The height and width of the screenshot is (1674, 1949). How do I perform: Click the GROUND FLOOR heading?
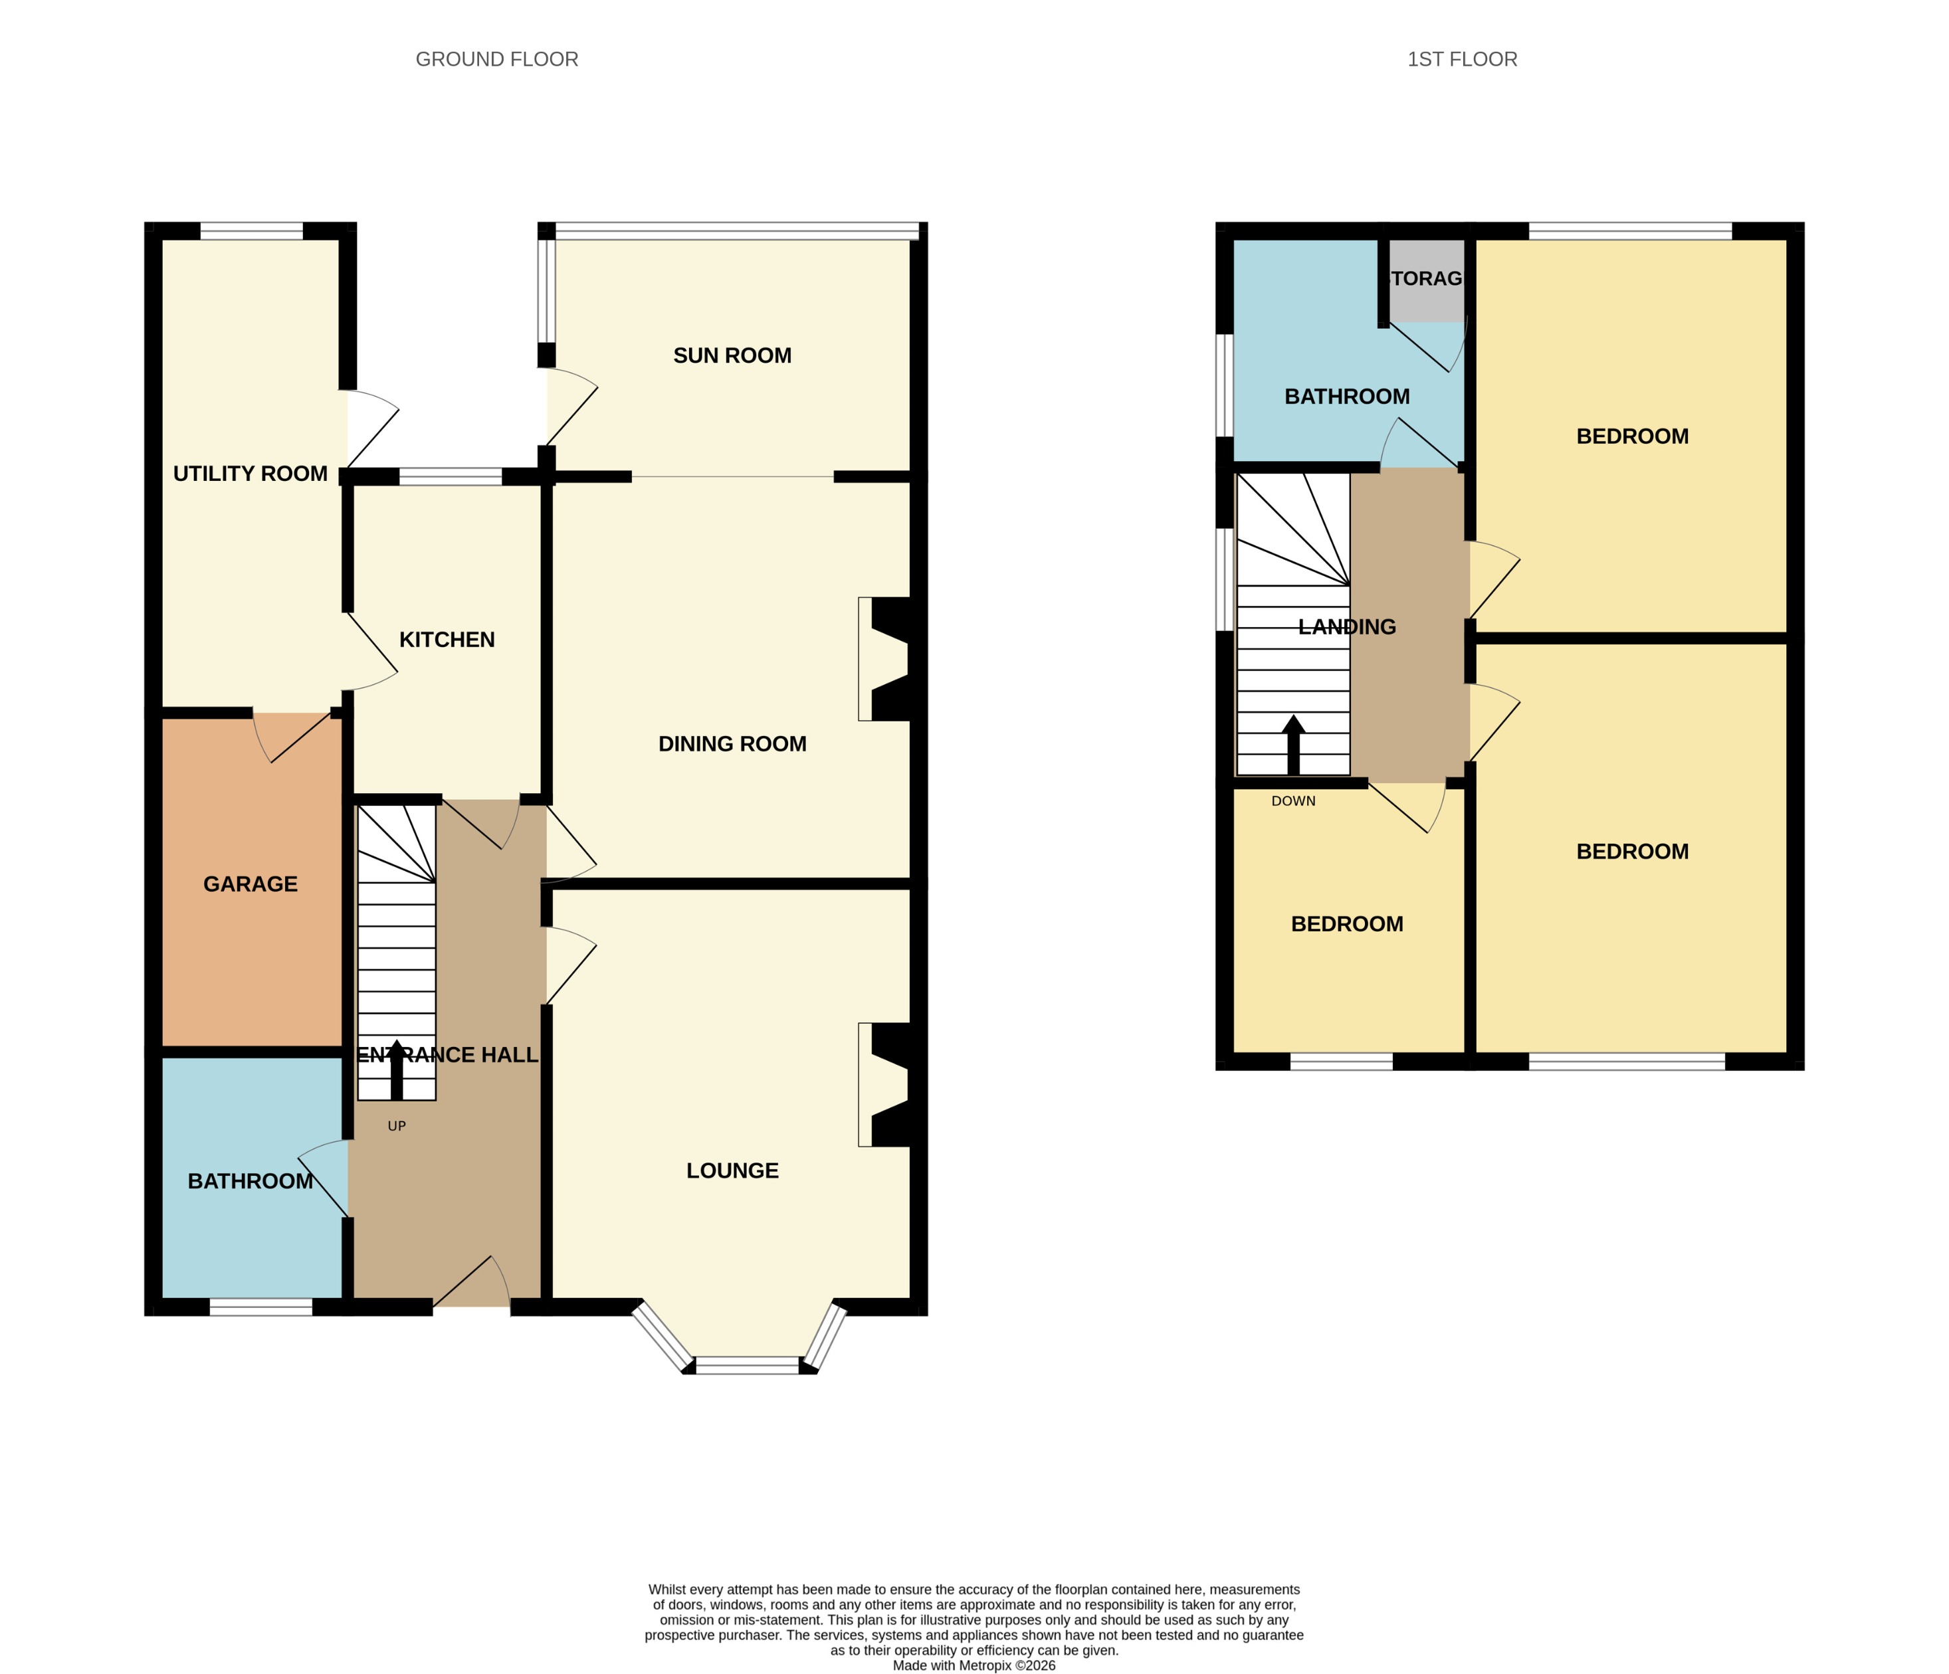pyautogui.click(x=496, y=59)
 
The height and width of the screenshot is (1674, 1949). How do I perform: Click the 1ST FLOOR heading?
pyautogui.click(x=1462, y=59)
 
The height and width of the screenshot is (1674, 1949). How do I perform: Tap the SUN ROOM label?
pyautogui.click(x=732, y=355)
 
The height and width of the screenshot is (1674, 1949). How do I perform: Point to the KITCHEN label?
pyautogui.click(x=447, y=640)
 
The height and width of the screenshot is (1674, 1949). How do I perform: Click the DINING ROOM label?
pyautogui.click(x=732, y=744)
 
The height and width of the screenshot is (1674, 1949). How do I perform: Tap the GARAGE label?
pyautogui.click(x=251, y=884)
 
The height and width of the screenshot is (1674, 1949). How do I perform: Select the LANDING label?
pyautogui.click(x=1347, y=626)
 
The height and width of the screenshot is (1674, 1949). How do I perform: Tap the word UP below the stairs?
pyautogui.click(x=396, y=1126)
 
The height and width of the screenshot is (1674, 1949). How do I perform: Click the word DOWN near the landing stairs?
pyautogui.click(x=1293, y=801)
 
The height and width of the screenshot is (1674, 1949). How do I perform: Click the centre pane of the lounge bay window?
pyautogui.click(x=748, y=1364)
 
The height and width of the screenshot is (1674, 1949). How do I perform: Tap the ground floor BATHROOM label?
pyautogui.click(x=251, y=1181)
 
